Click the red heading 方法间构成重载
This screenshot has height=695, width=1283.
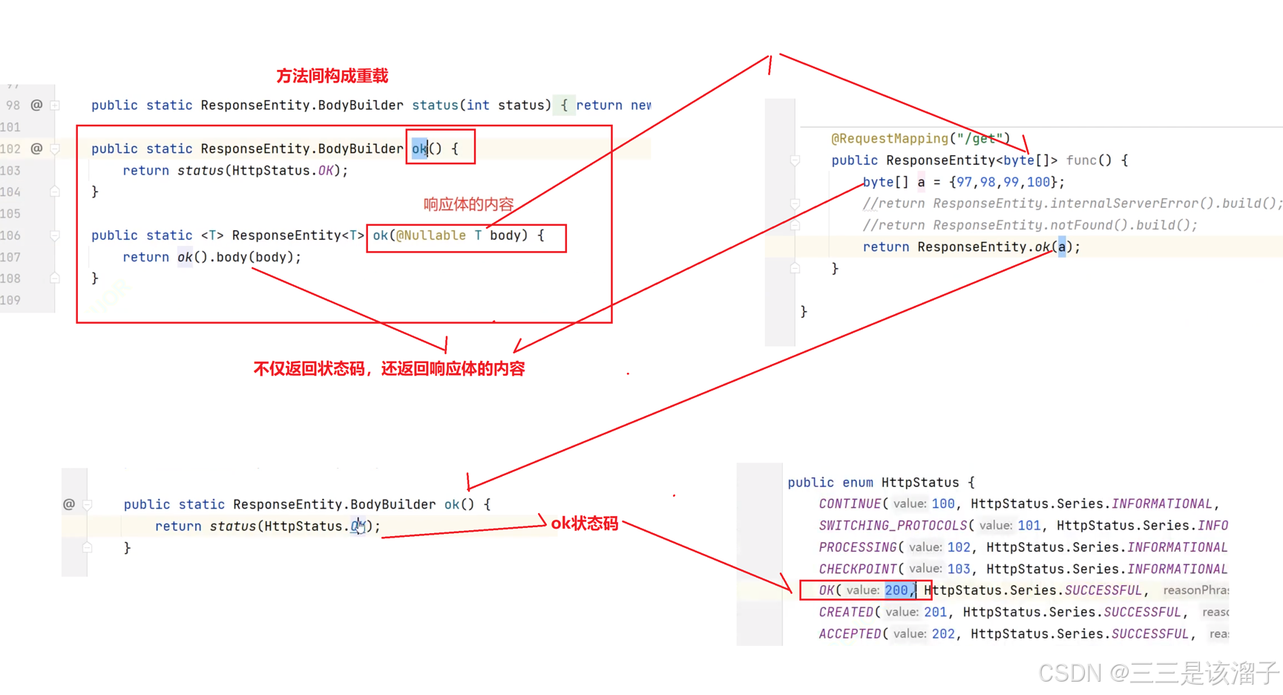(332, 76)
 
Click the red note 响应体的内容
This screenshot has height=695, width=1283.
(468, 204)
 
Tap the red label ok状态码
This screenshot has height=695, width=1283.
(584, 523)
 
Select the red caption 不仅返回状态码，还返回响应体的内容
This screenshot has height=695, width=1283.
(389, 368)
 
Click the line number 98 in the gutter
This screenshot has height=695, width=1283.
(13, 105)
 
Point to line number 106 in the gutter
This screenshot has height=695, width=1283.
(10, 235)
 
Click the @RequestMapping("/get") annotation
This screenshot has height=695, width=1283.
(920, 138)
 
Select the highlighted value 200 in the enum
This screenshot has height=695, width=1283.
(896, 590)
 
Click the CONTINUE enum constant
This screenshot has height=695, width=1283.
(849, 503)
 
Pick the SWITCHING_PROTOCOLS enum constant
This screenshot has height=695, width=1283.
(893, 525)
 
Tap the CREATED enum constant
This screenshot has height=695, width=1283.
(846, 612)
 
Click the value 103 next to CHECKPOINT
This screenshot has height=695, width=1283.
(959, 569)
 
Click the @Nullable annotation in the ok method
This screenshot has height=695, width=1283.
(431, 235)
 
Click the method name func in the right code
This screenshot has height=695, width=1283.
(1080, 160)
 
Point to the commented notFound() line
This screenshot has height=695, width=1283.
(1029, 225)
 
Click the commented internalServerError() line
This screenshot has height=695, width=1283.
(1072, 203)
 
